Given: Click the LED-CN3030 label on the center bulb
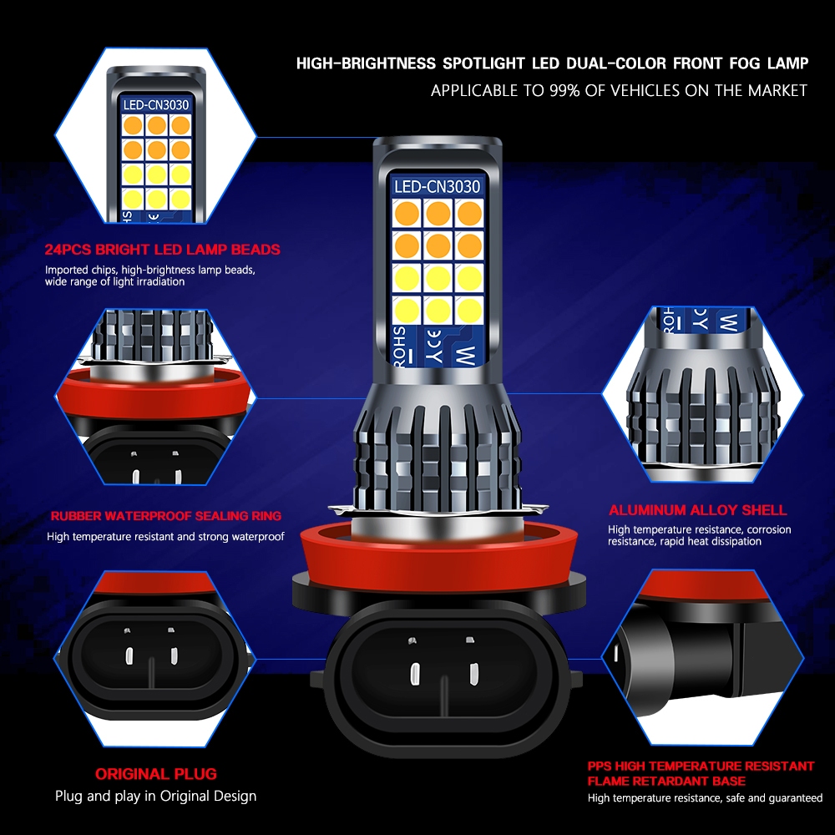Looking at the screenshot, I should coord(437,187).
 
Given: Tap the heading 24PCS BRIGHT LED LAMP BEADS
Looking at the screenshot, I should coord(163,249).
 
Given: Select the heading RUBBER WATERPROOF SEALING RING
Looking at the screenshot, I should coord(165,516).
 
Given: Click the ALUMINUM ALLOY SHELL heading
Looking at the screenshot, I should coord(697,509).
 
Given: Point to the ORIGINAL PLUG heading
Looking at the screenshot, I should coord(155,774).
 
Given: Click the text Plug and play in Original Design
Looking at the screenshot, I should coord(155,796).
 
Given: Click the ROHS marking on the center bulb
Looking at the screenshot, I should coord(400,345).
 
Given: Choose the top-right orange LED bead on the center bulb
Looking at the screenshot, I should coord(468,214).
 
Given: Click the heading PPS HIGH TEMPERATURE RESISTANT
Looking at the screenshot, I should coord(701,766).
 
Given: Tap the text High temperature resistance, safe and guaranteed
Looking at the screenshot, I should coord(705,799).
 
